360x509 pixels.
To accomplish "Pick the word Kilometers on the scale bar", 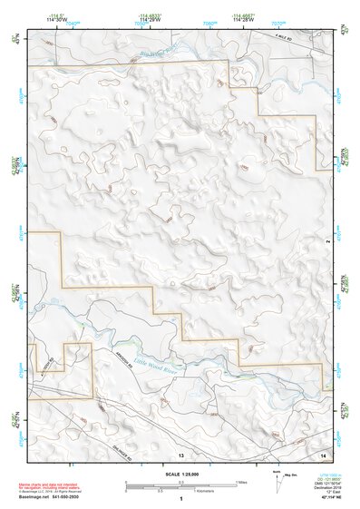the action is [213, 490].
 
